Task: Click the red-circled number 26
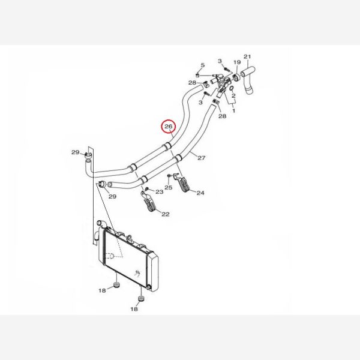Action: [169, 126]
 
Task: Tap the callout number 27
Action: [202, 158]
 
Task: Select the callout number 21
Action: [247, 56]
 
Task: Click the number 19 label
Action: [237, 62]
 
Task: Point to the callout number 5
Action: [203, 65]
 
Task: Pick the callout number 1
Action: [234, 111]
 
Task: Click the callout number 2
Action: [233, 95]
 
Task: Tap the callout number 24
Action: [200, 193]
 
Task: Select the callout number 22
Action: [166, 214]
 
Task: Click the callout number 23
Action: [160, 192]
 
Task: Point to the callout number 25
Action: [168, 188]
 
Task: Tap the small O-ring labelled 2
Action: [232, 88]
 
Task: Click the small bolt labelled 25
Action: [169, 176]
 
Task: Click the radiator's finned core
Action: [125, 258]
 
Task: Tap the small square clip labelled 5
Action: [197, 75]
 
